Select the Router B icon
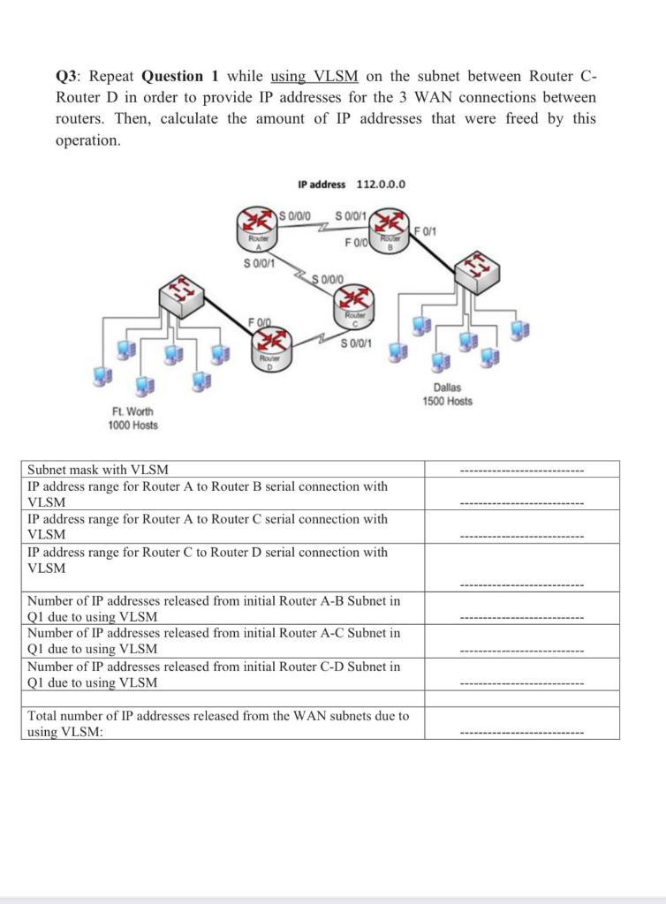(x=384, y=227)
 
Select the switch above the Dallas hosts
(x=477, y=261)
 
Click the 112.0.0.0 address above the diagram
(x=381, y=185)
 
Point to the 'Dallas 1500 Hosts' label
(x=447, y=395)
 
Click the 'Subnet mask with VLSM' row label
(x=98, y=470)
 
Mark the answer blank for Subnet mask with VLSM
(x=522, y=470)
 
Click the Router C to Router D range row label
(x=208, y=560)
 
